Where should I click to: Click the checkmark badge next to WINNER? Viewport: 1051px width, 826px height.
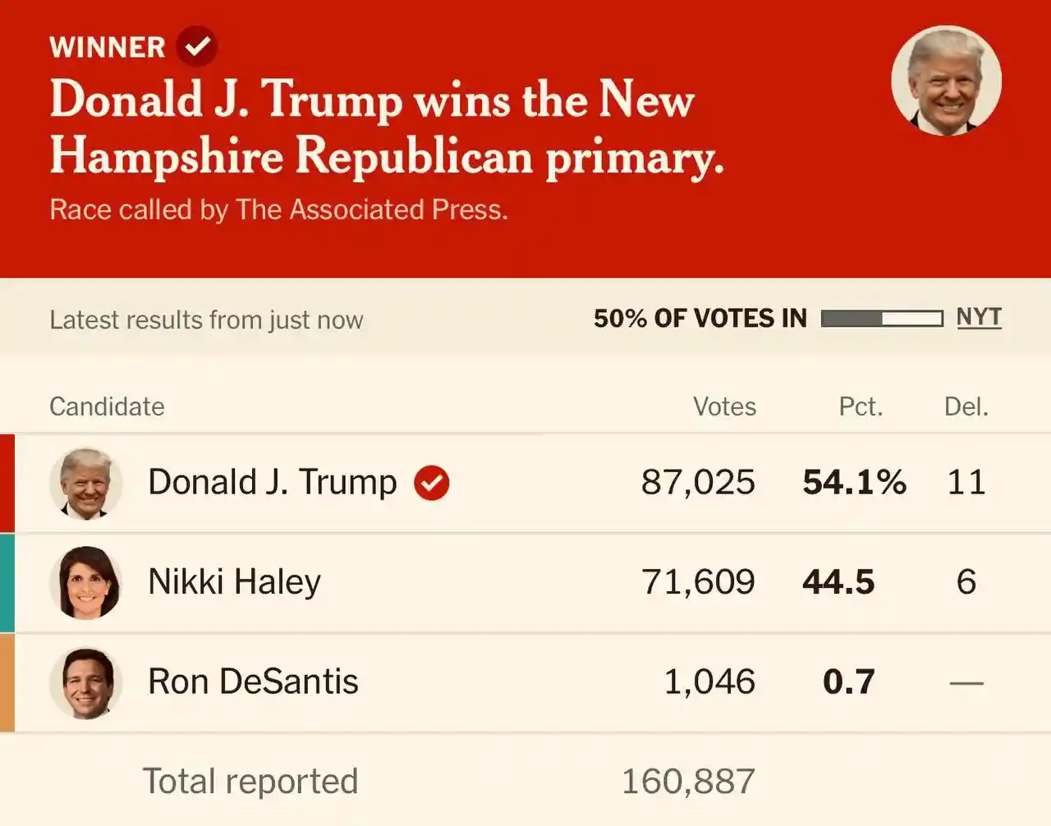(x=197, y=46)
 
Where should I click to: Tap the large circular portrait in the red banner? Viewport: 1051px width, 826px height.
(x=946, y=80)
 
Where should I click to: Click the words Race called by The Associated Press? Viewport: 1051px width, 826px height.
(x=278, y=210)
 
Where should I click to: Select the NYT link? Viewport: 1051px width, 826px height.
(x=979, y=318)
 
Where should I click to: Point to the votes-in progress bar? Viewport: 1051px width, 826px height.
(x=881, y=319)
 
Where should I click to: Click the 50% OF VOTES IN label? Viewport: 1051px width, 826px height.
(x=700, y=319)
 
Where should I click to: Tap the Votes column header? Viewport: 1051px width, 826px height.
(x=724, y=406)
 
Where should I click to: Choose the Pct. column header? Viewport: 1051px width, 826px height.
(x=861, y=406)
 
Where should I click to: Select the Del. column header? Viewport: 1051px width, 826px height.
(x=966, y=406)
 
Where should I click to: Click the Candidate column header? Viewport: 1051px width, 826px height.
(x=107, y=406)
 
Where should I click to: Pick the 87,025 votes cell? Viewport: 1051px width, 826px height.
(x=698, y=482)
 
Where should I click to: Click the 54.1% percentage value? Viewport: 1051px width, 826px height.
(x=854, y=482)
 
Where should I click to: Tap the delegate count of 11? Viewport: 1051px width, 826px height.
(x=966, y=482)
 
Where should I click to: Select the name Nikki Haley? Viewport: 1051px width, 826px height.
(x=234, y=582)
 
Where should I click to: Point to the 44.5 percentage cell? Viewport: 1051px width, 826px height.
(x=838, y=582)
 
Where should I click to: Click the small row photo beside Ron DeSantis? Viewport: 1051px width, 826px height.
(x=86, y=682)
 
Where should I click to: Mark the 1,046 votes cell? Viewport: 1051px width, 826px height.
(x=709, y=682)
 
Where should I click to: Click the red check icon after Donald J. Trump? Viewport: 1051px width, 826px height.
(x=431, y=482)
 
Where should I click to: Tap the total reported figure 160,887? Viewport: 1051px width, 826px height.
(x=688, y=782)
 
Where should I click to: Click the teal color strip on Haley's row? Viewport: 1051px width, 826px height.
(x=7, y=582)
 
